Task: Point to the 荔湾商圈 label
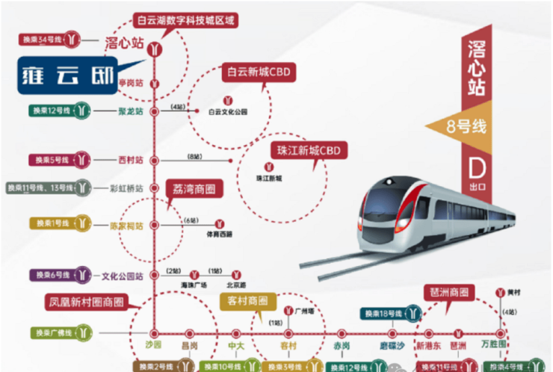(194, 190)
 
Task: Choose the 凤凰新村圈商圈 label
(84, 303)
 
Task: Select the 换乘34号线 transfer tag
(43, 39)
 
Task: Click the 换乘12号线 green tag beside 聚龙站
(52, 111)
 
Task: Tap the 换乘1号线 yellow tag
(52, 223)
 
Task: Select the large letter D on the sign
(474, 164)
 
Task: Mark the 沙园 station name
(153, 345)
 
